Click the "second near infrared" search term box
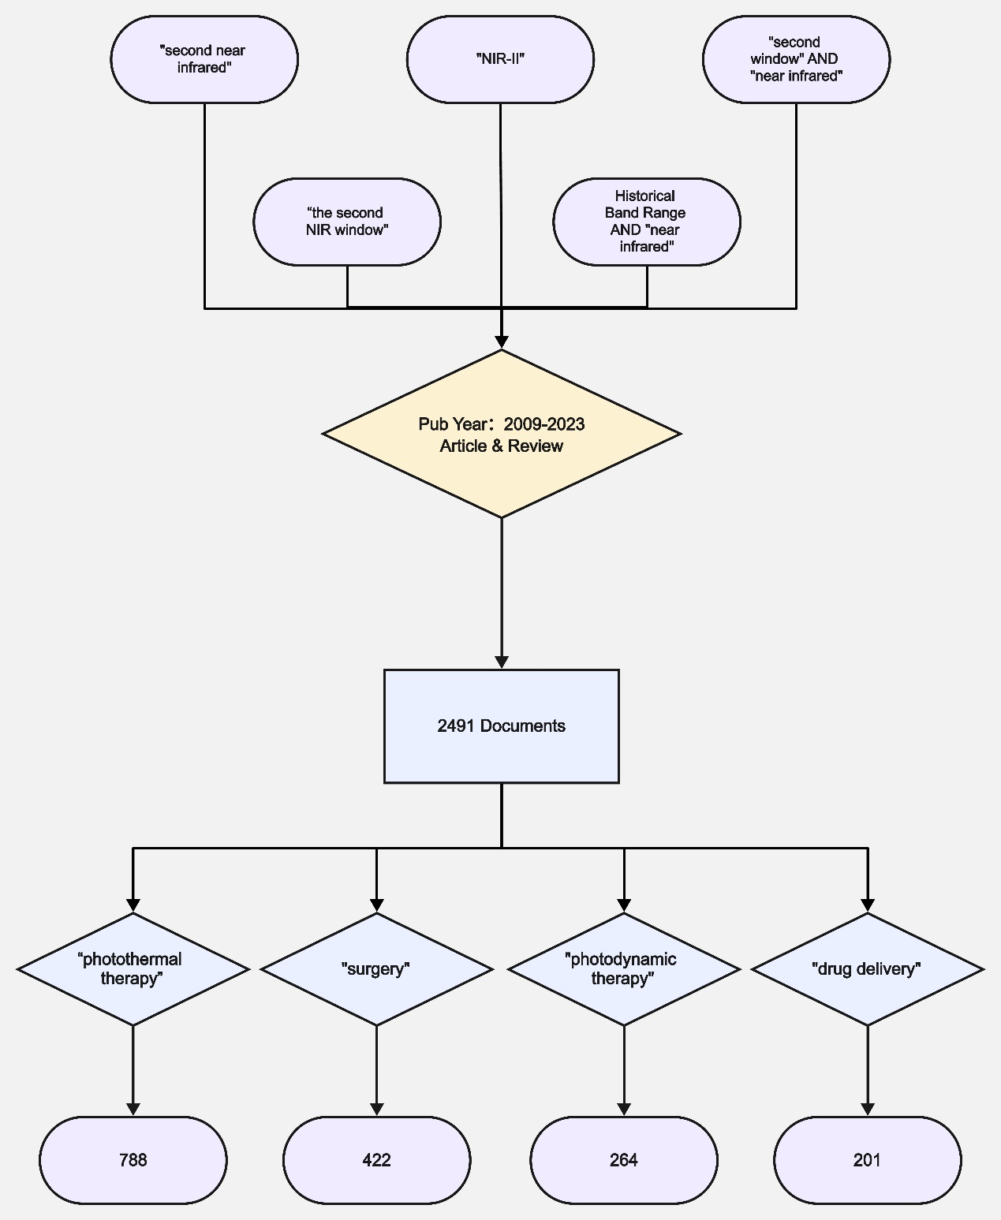pos(204,59)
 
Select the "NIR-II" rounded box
pos(500,59)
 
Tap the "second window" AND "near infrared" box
pos(796,59)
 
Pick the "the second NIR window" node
pos(347,222)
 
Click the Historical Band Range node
pos(647,222)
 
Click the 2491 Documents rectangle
pos(502,726)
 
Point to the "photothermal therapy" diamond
pos(133,969)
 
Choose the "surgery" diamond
pos(376,969)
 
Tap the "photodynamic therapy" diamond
pos(624,969)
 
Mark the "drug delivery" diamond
pos(868,969)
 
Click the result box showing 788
pos(133,1160)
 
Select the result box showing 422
pos(376,1160)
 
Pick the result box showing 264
pos(624,1160)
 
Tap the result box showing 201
pos(868,1160)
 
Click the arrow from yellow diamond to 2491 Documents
pos(502,591)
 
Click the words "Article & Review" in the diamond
pos(502,446)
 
